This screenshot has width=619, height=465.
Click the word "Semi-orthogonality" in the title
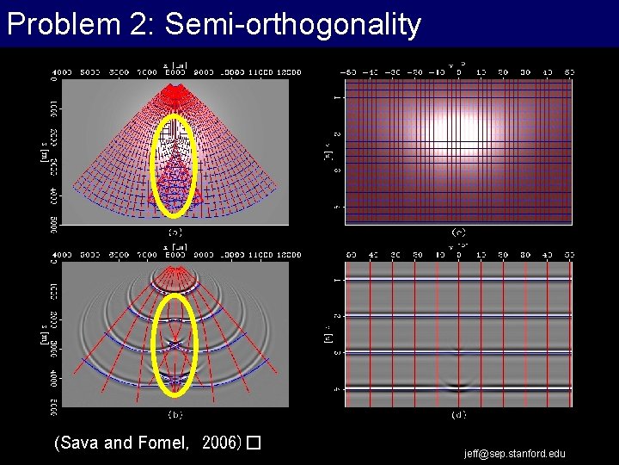292,24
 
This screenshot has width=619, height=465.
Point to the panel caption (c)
458,232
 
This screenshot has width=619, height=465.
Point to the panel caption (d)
458,414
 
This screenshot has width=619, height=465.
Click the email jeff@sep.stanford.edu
515,454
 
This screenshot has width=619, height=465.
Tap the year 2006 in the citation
221,443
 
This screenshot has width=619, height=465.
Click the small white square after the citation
253,444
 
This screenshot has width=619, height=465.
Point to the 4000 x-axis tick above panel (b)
64,254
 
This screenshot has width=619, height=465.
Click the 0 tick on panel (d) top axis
458,254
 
